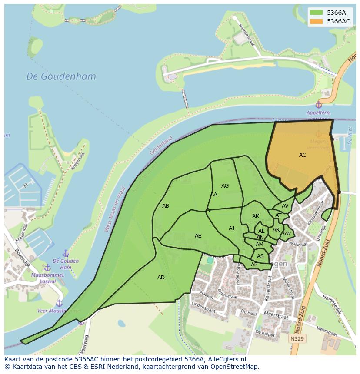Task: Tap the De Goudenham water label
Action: [61, 76]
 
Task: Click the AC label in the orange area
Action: [303, 155]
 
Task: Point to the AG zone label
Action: [225, 186]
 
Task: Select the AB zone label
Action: [166, 206]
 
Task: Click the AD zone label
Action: [161, 278]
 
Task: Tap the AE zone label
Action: [198, 236]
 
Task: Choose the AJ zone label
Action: [231, 228]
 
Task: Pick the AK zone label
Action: [256, 216]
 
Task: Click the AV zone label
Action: [285, 206]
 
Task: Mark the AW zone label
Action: [287, 234]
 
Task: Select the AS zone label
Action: [260, 256]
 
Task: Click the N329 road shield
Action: [297, 338]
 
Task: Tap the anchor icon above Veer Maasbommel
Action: [59, 303]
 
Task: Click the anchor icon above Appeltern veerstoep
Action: [318, 105]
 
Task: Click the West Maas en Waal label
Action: [114, 209]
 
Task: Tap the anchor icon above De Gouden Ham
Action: [66, 253]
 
